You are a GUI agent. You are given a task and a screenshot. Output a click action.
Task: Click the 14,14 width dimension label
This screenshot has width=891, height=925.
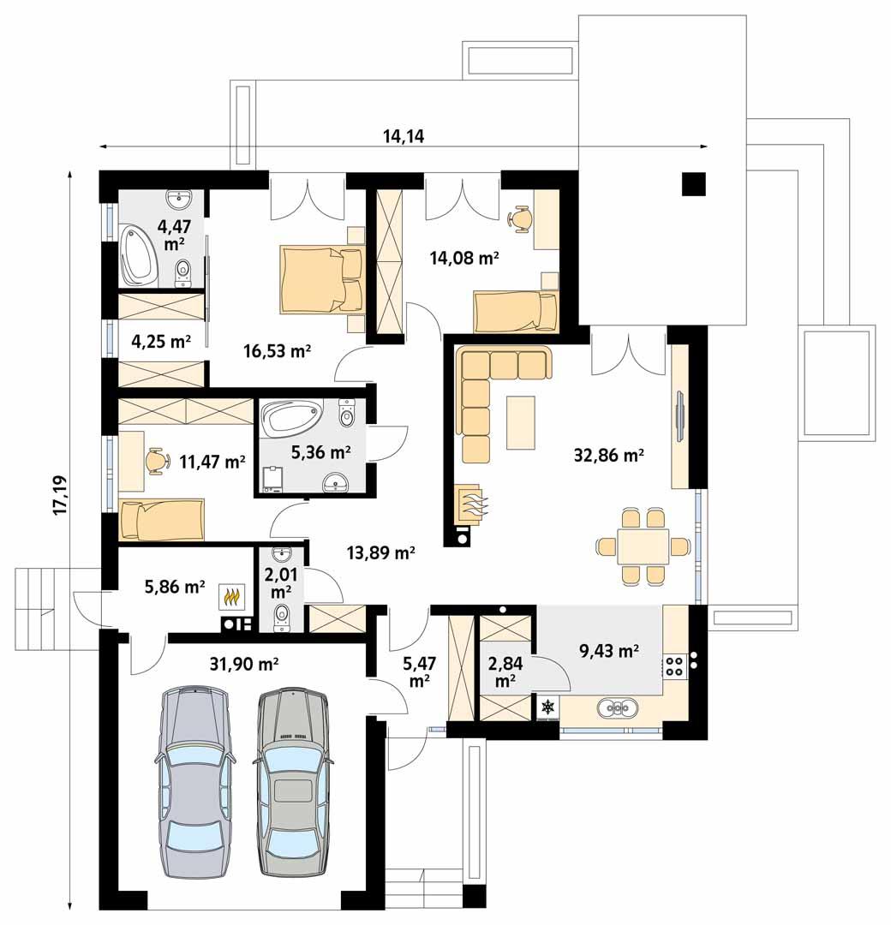tap(404, 135)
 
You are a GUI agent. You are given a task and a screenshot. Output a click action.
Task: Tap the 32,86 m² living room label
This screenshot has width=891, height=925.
tap(609, 456)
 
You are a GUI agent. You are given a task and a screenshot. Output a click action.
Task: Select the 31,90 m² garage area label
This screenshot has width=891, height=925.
tap(244, 663)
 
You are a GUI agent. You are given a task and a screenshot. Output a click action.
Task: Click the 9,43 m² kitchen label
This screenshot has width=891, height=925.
tap(609, 652)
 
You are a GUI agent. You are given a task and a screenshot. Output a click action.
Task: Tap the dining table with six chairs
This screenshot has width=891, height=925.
tap(643, 546)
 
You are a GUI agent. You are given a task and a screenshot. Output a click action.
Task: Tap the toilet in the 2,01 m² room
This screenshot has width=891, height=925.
tap(282, 615)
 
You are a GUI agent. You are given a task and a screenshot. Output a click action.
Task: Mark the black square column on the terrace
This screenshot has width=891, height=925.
tap(693, 184)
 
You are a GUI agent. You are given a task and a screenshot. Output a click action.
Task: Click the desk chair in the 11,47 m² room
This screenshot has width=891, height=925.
tap(155, 459)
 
